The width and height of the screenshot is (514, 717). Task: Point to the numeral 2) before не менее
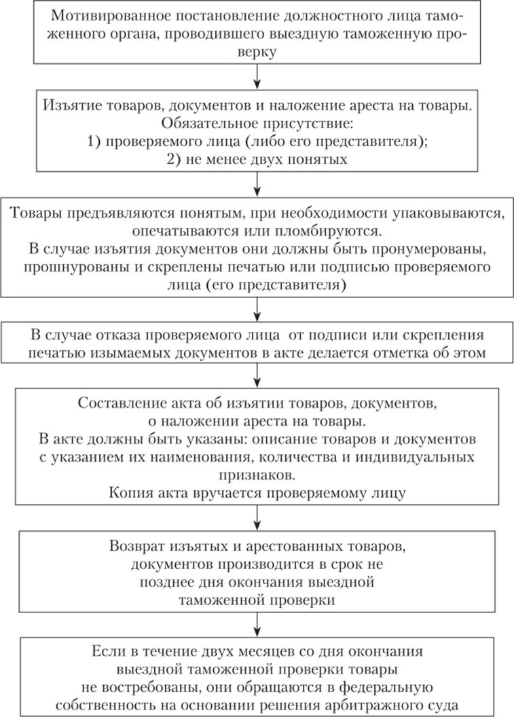(175, 161)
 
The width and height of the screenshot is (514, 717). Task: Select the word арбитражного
(361, 704)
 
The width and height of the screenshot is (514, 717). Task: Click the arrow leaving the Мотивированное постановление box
(257, 79)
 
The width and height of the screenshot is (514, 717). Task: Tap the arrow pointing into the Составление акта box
(257, 378)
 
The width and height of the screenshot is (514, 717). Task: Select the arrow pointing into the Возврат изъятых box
(257, 520)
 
